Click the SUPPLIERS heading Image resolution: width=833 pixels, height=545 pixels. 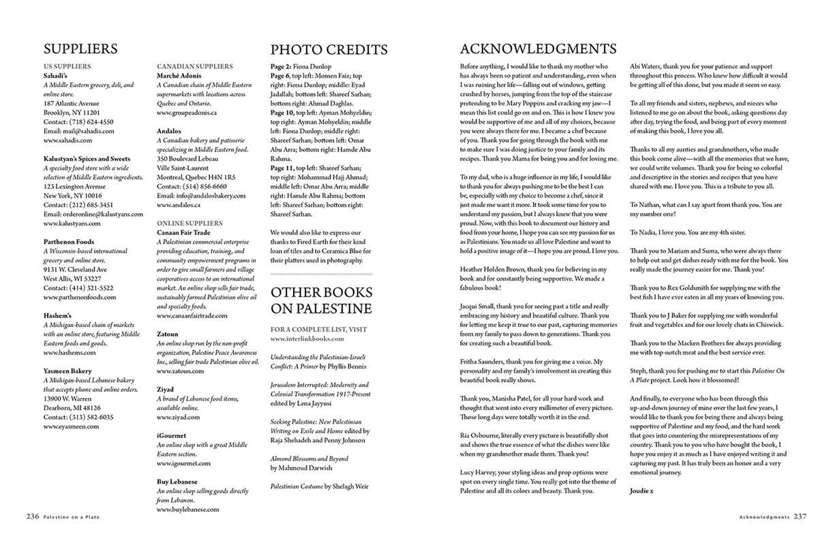click(80, 49)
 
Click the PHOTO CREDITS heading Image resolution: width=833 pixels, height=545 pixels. click(329, 50)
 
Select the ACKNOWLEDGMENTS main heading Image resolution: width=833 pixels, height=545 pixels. click(538, 49)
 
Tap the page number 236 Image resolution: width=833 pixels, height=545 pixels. click(33, 516)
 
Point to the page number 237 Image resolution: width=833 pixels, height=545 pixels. click(800, 516)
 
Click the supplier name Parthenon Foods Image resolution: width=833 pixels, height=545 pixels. click(69, 242)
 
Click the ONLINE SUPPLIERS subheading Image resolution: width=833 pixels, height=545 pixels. click(190, 223)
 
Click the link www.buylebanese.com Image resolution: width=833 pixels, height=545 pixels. click(188, 509)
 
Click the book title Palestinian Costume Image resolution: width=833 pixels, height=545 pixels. click(297, 486)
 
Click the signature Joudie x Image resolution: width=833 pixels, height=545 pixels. click(641, 490)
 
